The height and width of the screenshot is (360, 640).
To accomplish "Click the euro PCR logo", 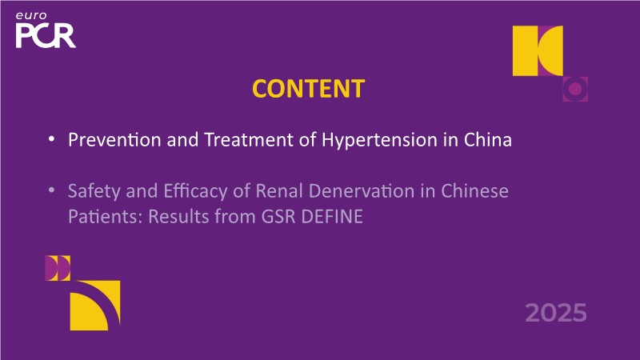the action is point(46,30).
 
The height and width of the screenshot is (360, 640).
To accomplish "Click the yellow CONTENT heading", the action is point(308,89).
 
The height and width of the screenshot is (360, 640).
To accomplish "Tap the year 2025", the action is point(556,313).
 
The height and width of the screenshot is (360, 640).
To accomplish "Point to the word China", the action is point(488,139).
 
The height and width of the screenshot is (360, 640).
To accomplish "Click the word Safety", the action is point(94,192).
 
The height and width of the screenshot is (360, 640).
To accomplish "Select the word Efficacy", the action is point(195,192).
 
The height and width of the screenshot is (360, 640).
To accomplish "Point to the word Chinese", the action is point(474,190).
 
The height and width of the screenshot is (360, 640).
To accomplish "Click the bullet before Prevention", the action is point(51,139).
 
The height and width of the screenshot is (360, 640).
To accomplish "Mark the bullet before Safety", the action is point(51,190).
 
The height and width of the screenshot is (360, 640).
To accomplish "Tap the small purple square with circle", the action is point(575,89).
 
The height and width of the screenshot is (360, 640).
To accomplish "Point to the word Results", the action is point(178,216).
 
